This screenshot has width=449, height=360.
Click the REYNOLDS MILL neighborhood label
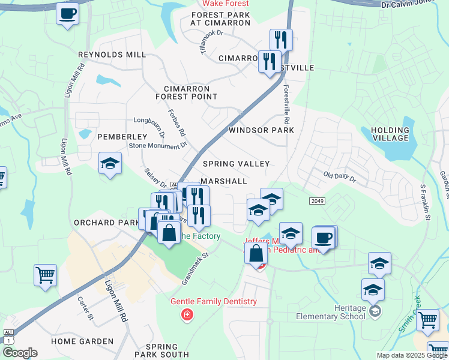coord(112,55)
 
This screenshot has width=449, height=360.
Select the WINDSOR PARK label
coord(261,130)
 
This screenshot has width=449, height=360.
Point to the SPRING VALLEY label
coord(236,164)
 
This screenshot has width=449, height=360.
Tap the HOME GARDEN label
coord(82,341)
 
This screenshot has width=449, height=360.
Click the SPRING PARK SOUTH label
coord(161,350)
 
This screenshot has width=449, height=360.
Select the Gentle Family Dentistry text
coord(214,302)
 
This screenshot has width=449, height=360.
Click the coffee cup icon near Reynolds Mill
coord(68,13)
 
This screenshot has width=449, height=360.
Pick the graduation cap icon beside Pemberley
coord(110,163)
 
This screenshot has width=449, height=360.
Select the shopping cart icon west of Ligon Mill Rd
coord(45,275)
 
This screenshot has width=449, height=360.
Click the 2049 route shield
coord(318,200)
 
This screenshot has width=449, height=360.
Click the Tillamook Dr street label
coord(211,42)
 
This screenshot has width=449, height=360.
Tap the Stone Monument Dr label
coord(158,145)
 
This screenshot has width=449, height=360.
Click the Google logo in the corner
coord(20,353)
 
